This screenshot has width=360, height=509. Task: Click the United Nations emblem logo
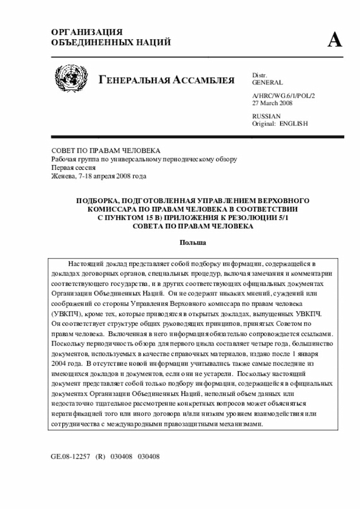point(71,78)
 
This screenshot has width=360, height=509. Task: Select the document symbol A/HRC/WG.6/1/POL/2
point(283,96)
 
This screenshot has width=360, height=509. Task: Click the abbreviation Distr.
point(259,75)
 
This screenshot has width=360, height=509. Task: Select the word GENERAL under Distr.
point(267,82)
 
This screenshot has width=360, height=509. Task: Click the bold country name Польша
point(193,242)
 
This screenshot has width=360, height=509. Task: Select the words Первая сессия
point(74,168)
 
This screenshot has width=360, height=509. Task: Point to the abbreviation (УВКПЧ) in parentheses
point(66,314)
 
